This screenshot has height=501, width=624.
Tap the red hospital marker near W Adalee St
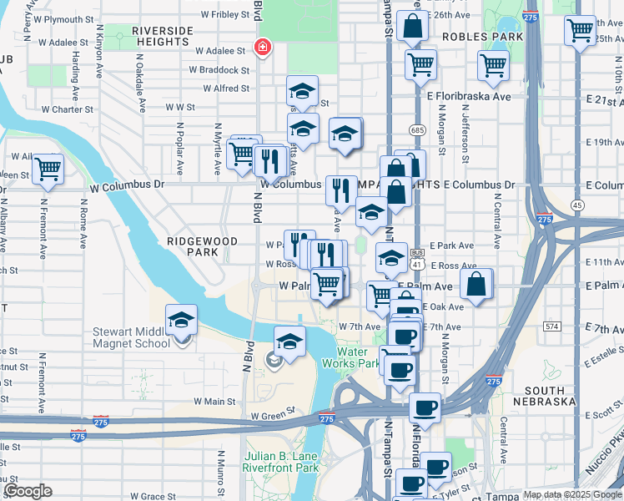click(263, 48)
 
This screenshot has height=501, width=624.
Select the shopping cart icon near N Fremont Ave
click(48, 170)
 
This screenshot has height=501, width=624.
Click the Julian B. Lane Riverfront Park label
click(282, 463)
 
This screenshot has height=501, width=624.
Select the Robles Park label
click(483, 37)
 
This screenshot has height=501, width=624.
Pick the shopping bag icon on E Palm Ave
click(476, 283)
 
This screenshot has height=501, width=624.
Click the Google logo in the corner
click(28, 491)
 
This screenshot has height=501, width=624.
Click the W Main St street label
click(215, 402)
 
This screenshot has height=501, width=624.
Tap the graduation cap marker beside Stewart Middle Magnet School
click(181, 320)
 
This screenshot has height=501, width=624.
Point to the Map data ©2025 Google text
click(573, 494)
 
